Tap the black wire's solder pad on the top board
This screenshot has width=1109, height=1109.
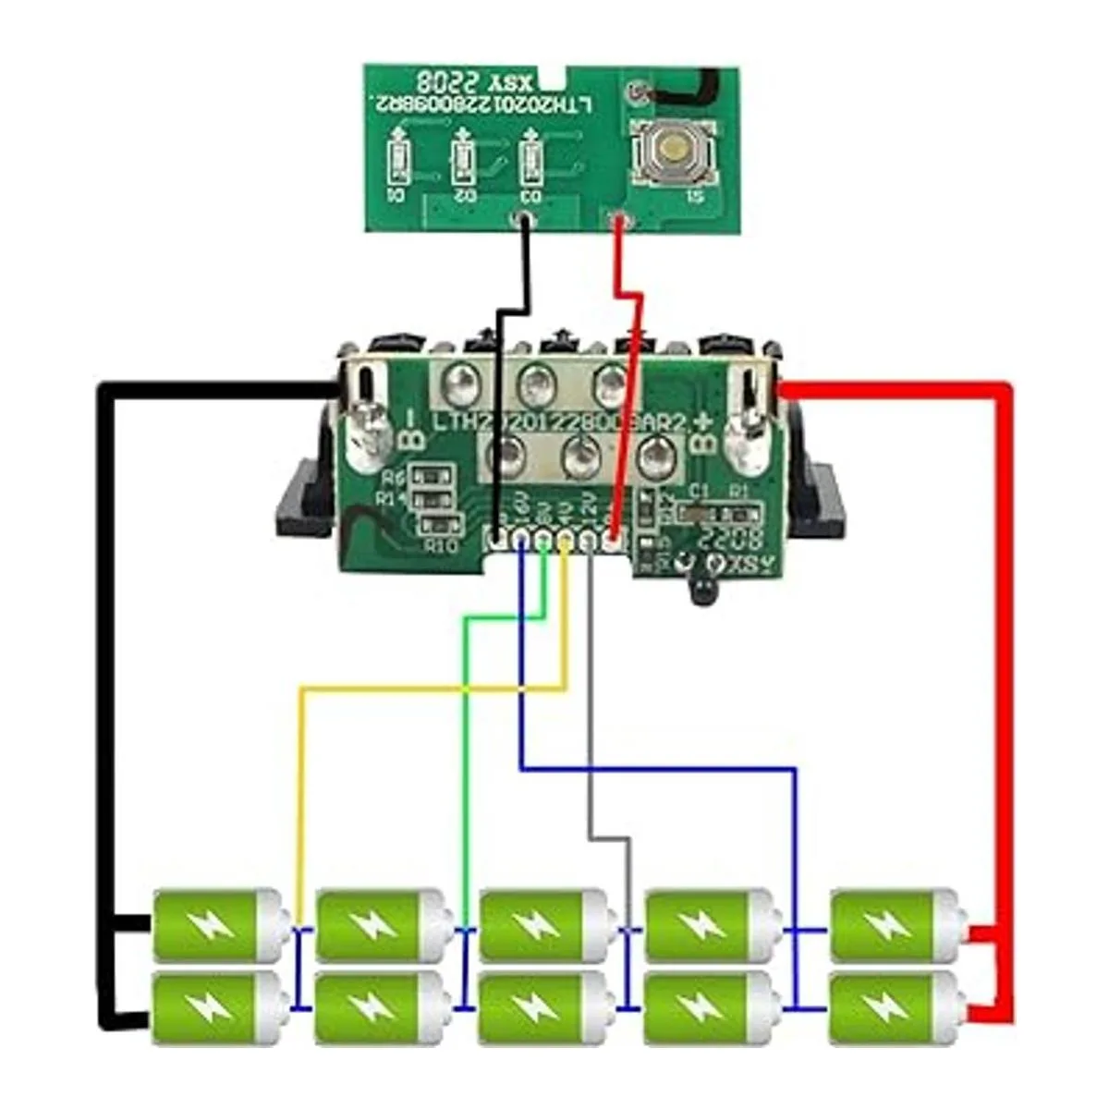tap(524, 220)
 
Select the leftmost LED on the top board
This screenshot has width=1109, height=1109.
tap(398, 162)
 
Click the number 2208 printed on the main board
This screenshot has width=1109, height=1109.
tap(731, 538)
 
